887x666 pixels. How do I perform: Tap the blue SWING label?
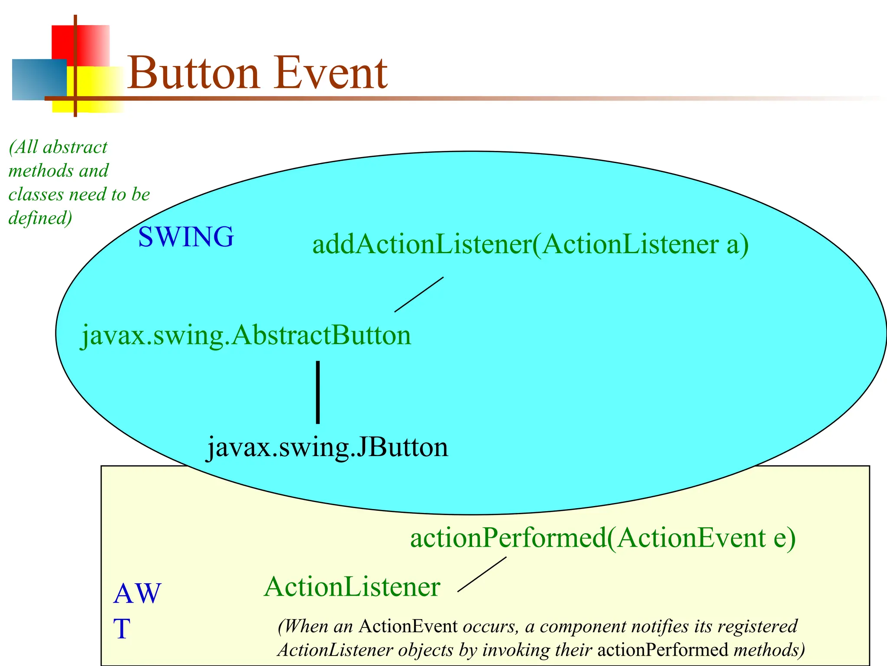coord(186,237)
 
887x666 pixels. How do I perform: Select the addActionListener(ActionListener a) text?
coord(530,244)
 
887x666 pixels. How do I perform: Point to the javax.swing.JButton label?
coord(327,447)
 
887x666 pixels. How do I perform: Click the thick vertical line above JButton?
coord(318,392)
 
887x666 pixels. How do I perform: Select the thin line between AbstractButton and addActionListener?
coord(419,294)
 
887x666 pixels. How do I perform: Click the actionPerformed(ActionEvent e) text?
coord(602,538)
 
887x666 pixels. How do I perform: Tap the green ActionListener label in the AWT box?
coord(352,587)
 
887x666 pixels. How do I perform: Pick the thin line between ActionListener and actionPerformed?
coord(482,574)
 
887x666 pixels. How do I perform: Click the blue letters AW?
coord(137,594)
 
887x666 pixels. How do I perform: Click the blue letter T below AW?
coord(122,629)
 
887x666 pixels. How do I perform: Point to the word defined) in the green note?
coord(40,218)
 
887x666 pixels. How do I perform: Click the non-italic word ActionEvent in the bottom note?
coord(408,627)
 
